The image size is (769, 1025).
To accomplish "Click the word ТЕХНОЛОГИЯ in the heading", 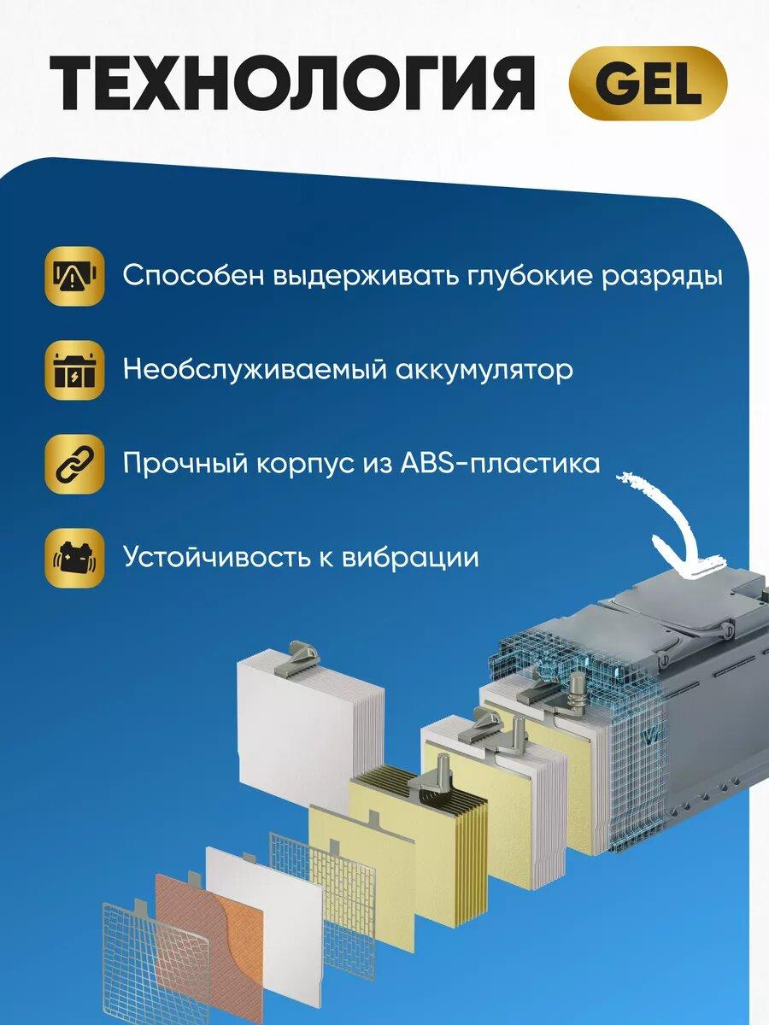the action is (x=292, y=84).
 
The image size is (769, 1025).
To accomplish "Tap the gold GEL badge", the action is (x=648, y=84).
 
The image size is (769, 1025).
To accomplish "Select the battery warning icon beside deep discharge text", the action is (x=74, y=276).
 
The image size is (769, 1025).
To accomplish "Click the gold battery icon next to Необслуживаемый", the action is (x=74, y=370).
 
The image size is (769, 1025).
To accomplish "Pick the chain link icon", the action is (x=74, y=464).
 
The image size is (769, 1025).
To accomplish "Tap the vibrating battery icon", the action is (x=74, y=558).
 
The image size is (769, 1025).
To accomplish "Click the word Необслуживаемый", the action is (x=255, y=370).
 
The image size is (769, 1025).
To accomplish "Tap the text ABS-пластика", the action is (x=500, y=463).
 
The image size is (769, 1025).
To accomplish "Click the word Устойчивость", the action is (x=216, y=557).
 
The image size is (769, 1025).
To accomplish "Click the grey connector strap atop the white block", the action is (x=305, y=657).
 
